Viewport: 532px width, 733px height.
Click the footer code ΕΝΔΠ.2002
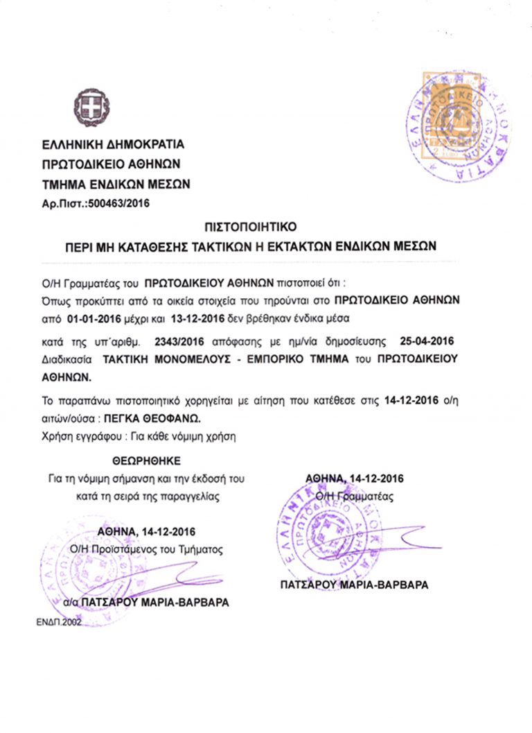pyautogui.click(x=59, y=623)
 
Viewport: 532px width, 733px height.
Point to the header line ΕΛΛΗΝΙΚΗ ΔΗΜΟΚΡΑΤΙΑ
pyautogui.click(x=114, y=146)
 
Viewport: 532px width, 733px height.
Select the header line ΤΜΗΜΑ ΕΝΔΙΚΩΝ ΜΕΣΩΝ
pyautogui.click(x=116, y=184)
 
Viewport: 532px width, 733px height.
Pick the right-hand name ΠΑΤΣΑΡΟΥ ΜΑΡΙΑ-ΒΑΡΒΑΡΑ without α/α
pyautogui.click(x=355, y=585)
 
